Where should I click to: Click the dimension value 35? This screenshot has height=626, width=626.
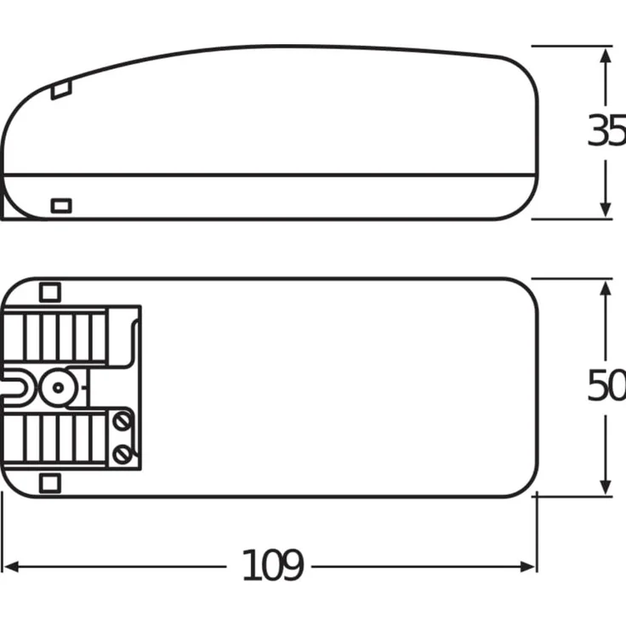pyautogui.click(x=606, y=132)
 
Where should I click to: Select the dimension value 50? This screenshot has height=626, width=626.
pyautogui.click(x=606, y=386)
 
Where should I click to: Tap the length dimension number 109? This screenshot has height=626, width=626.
pyautogui.click(x=272, y=566)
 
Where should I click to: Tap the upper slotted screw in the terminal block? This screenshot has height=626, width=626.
pyautogui.click(x=122, y=421)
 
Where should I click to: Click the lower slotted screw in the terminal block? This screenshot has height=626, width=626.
pyautogui.click(x=122, y=452)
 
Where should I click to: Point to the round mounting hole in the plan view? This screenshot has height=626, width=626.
pyautogui.click(x=57, y=387)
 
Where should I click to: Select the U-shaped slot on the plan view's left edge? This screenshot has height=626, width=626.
pyautogui.click(x=17, y=387)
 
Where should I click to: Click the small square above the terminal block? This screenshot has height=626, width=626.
pyautogui.click(x=50, y=292)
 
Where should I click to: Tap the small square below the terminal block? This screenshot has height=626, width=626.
pyautogui.click(x=50, y=483)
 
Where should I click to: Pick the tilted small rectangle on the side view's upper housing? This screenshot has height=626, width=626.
pyautogui.click(x=60, y=89)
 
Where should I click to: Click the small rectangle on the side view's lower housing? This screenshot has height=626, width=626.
pyautogui.click(x=61, y=205)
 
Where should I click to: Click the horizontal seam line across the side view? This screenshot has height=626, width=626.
pyautogui.click(x=272, y=175)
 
